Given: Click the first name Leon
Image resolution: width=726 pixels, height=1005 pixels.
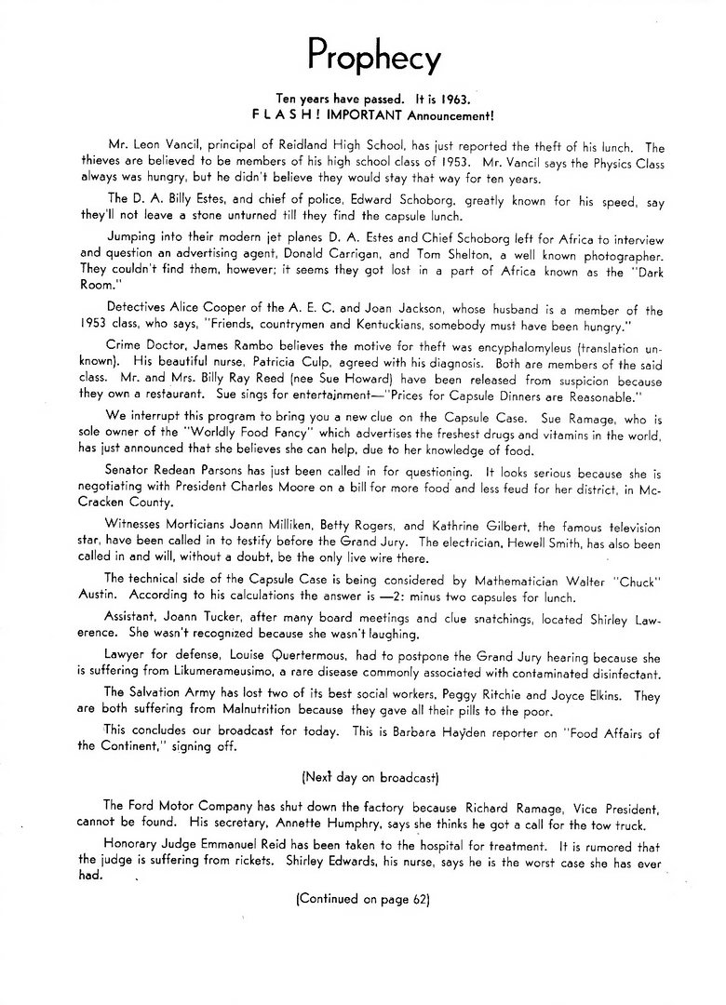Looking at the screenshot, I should tap(147, 146).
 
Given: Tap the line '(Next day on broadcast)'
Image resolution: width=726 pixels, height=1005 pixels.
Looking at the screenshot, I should tap(363, 773).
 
